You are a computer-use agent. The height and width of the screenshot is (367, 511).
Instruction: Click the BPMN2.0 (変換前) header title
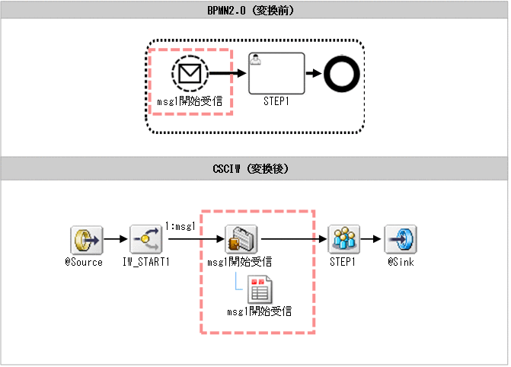pos(255,11)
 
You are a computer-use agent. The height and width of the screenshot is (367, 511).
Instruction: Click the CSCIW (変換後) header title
pos(255,168)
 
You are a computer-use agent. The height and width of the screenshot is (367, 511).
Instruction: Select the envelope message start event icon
pos(190,74)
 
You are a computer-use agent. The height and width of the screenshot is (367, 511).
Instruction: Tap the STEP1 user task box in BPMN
pos(276,73)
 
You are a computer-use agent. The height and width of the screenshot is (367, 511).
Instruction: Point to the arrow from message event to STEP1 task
pos(228,74)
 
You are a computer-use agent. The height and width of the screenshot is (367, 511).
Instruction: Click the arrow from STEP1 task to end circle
pos(313,74)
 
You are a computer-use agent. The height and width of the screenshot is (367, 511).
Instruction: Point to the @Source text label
pos(83,262)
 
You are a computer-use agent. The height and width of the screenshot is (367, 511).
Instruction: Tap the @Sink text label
pos(400,262)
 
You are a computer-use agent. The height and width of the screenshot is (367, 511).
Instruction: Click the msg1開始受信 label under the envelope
pos(190,99)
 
